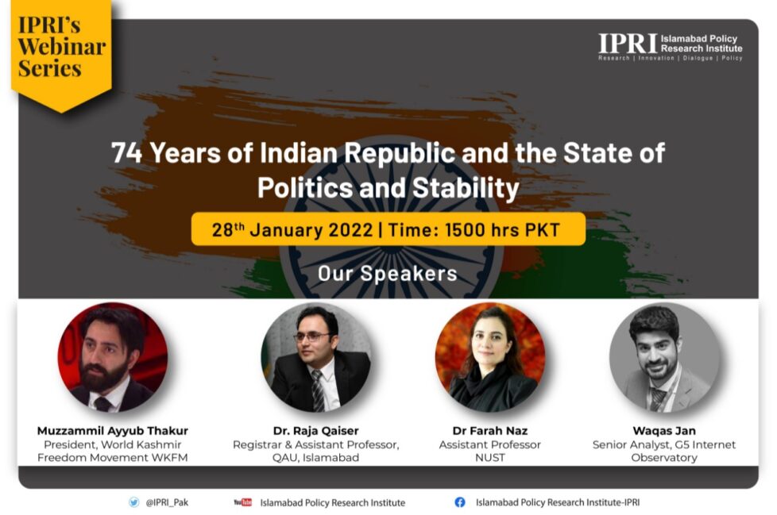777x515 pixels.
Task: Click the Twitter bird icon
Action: pyautogui.click(x=133, y=502)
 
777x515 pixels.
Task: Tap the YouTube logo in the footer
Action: pyautogui.click(x=243, y=502)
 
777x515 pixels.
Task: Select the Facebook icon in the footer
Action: pyautogui.click(x=460, y=502)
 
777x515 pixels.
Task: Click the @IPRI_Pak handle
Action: pyautogui.click(x=168, y=502)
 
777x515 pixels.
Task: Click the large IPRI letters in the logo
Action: pyautogui.click(x=628, y=44)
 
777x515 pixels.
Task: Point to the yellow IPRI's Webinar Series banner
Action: pyautogui.click(x=60, y=55)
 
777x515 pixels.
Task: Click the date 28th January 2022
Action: pyautogui.click(x=292, y=230)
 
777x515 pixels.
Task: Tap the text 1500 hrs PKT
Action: pyautogui.click(x=502, y=230)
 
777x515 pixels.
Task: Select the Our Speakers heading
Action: pyautogui.click(x=388, y=273)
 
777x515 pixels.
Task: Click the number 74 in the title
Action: pyautogui.click(x=127, y=152)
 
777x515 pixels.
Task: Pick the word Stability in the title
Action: pyautogui.click(x=466, y=189)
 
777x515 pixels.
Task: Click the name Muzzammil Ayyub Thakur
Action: pyautogui.click(x=113, y=430)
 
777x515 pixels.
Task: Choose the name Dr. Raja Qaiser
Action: pyautogui.click(x=315, y=430)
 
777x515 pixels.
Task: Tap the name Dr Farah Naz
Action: pyautogui.click(x=489, y=430)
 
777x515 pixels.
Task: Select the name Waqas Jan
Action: pyautogui.click(x=664, y=430)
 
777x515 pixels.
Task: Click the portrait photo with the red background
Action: pyautogui.click(x=113, y=357)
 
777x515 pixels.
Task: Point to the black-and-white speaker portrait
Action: pyautogui.click(x=664, y=357)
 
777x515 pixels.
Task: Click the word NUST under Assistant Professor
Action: pyautogui.click(x=489, y=458)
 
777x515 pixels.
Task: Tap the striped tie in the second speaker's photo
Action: pyautogui.click(x=318, y=391)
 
